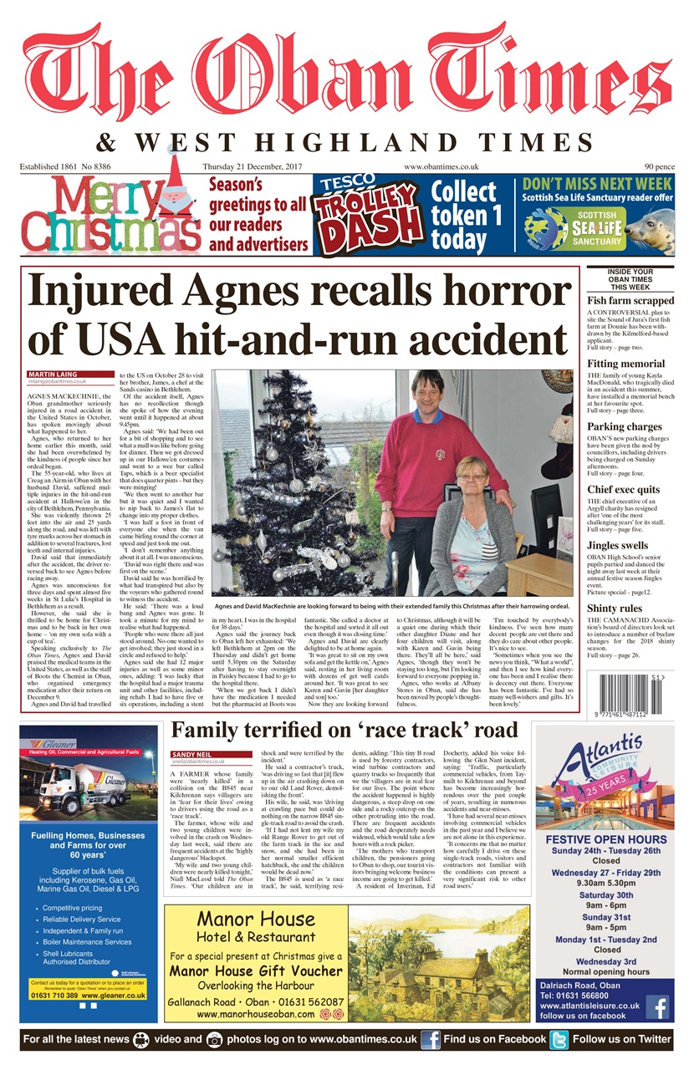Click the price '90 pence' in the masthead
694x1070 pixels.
point(659,166)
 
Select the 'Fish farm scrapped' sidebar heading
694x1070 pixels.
point(630,300)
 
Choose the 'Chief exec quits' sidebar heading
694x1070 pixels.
point(623,490)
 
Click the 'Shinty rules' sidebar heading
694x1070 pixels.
point(615,608)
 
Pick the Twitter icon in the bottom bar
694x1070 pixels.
point(559,1039)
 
